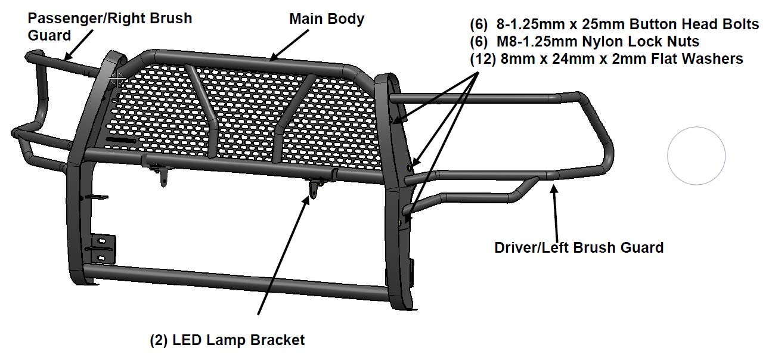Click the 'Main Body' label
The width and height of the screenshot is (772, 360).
[x=326, y=19]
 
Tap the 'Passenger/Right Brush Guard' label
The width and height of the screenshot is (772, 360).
[x=110, y=27]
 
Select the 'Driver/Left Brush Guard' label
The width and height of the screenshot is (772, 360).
[x=579, y=248]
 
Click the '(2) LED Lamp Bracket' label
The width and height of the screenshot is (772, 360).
[x=227, y=340]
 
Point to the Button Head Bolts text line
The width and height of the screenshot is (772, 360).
[x=615, y=24]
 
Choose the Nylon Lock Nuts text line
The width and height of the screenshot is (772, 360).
[x=584, y=41]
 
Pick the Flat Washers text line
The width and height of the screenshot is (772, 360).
[x=607, y=58]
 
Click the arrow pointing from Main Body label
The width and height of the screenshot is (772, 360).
[x=289, y=45]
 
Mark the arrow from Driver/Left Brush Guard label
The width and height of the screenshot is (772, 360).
[x=555, y=213]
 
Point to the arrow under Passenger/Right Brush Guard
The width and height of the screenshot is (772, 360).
[x=79, y=45]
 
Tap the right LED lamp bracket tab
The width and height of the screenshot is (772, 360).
[x=314, y=190]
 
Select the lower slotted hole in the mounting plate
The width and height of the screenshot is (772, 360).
[x=101, y=257]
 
